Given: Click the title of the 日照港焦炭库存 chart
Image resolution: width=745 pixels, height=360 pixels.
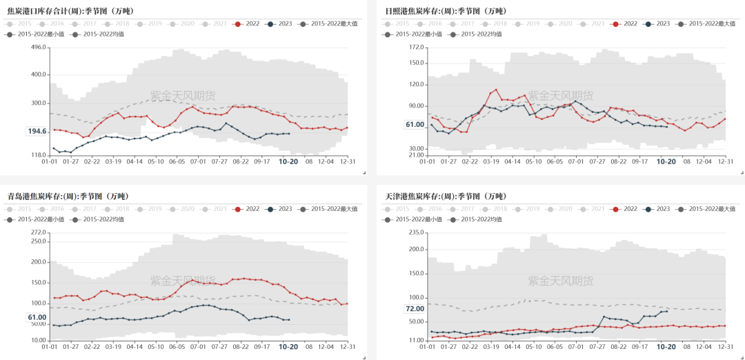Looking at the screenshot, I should point(446,10).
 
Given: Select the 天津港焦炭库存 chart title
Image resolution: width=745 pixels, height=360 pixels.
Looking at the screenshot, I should point(446,197).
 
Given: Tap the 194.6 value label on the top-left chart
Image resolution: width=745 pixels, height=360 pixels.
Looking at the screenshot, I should point(37,131).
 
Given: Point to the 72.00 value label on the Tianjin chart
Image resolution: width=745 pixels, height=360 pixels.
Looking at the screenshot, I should point(415,309).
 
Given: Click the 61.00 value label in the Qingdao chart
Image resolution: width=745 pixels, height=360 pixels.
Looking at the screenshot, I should point(37,317).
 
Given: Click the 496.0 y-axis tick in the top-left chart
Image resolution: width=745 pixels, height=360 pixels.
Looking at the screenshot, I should point(39,47).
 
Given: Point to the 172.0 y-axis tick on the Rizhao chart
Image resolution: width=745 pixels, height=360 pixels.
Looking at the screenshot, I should point(416,47).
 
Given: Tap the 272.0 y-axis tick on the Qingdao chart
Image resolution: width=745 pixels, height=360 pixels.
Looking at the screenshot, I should point(39,232).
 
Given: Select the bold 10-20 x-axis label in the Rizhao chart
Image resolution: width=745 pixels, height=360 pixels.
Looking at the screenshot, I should point(666,161).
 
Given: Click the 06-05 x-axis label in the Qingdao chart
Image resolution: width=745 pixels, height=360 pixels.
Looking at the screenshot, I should point(177,348).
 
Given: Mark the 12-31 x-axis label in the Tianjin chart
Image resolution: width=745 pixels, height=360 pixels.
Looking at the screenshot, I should point(725,348).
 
